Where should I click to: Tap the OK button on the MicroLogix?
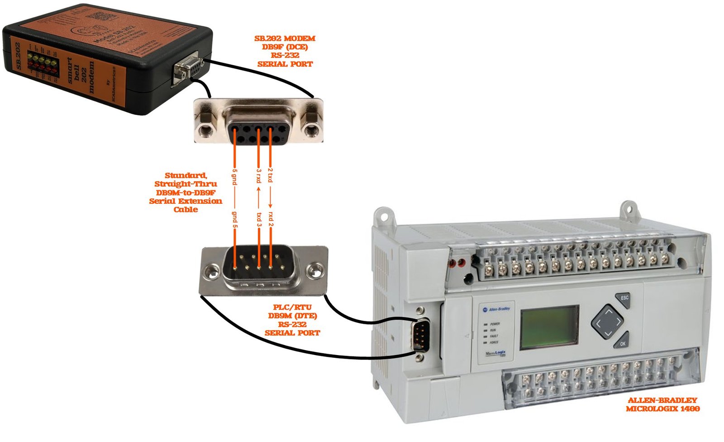[x=623, y=344]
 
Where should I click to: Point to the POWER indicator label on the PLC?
[x=495, y=324]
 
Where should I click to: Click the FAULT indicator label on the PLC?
[x=494, y=336]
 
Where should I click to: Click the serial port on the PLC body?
[x=421, y=334]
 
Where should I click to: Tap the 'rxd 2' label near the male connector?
[x=271, y=218]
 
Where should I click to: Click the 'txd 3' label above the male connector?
[x=259, y=220]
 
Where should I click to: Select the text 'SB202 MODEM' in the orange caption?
[x=285, y=38]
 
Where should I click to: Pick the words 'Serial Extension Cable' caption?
[x=186, y=205]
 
